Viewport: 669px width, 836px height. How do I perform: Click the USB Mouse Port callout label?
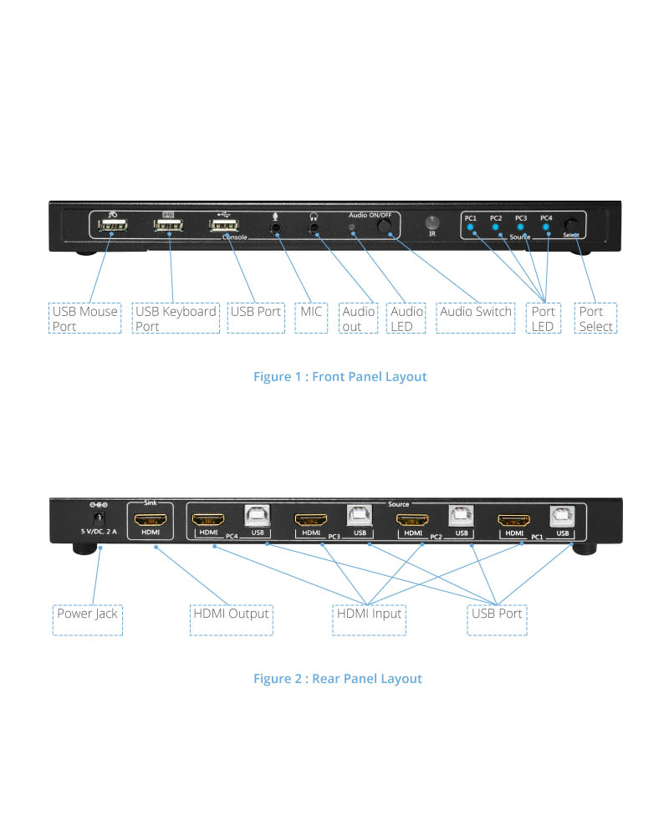(x=85, y=319)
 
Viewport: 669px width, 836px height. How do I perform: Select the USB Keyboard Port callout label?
(x=176, y=319)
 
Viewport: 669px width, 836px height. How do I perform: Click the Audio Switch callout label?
(x=476, y=312)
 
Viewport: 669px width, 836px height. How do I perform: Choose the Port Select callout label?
(x=596, y=319)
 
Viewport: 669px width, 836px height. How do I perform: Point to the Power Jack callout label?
(x=87, y=614)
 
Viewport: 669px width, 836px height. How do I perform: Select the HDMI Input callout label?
(x=369, y=614)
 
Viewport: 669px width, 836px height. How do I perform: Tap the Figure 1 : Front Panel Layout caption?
(x=340, y=377)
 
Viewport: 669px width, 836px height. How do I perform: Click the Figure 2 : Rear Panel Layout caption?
(x=337, y=678)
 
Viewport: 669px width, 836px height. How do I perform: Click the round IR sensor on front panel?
(x=432, y=223)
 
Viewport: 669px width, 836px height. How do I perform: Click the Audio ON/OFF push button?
(x=384, y=226)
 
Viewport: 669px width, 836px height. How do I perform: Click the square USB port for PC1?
(x=562, y=517)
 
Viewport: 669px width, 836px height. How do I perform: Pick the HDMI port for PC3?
(x=310, y=518)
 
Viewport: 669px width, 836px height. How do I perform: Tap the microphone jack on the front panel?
(x=275, y=227)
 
